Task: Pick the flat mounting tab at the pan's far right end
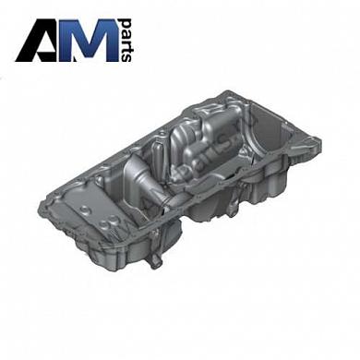tap(312, 149)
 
